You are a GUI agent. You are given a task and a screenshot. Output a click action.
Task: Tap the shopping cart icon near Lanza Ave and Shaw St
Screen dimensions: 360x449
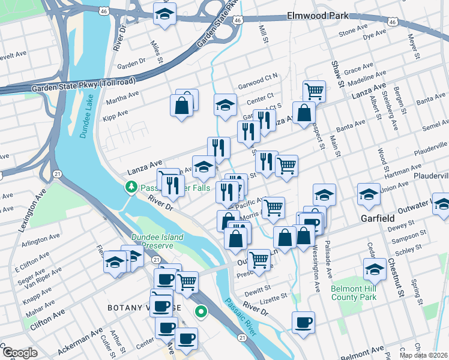[x=314, y=91]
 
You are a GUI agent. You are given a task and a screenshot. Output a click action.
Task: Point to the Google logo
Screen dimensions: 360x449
[x=20, y=353]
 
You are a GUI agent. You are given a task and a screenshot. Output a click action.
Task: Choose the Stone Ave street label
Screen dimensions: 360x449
[x=353, y=33]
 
